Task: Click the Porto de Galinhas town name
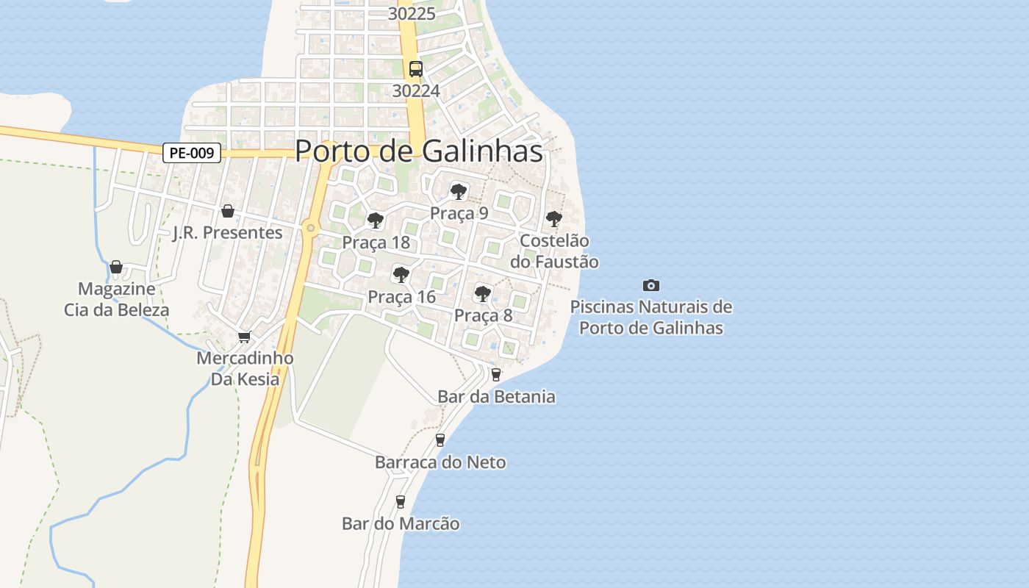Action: pos(419,151)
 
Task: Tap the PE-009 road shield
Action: pos(192,153)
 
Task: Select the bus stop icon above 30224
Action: pos(416,69)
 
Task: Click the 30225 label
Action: pos(412,14)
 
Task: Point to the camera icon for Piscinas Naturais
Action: pos(650,285)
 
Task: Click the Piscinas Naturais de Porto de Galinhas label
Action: pos(651,318)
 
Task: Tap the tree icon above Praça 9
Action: pos(459,193)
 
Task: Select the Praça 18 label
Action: pos(376,243)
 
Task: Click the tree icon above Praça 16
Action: pos(401,275)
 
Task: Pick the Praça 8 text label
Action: pos(483,315)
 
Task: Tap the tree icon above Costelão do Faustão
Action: pos(553,219)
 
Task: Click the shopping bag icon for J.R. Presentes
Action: pos(228,211)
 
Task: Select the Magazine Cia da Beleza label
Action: pos(116,299)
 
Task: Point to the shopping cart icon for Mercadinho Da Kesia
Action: pos(244,337)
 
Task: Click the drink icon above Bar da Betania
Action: pos(496,374)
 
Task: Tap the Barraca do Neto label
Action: pos(440,462)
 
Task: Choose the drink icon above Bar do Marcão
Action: pos(401,501)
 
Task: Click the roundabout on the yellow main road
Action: pos(311,228)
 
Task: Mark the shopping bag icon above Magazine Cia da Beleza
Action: pos(116,267)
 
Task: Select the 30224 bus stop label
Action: pos(416,90)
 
